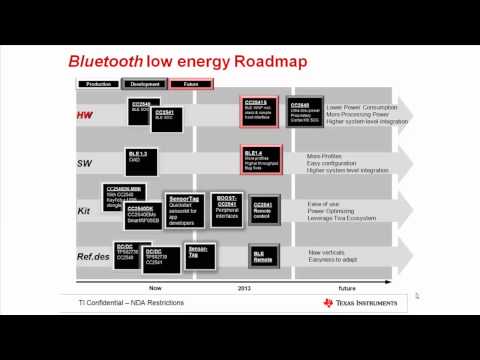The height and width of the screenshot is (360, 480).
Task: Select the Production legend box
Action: (98, 86)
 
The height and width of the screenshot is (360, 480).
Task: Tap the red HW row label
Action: (85, 116)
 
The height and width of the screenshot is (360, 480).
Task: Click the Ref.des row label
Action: (91, 257)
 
